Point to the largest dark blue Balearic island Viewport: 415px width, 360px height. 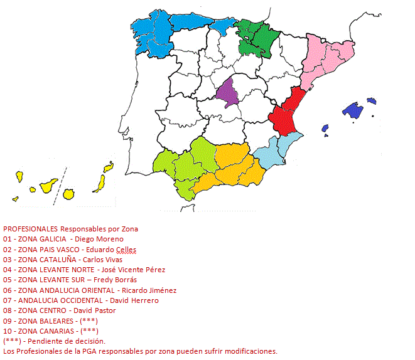(353, 111)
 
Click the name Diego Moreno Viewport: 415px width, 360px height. (99, 239)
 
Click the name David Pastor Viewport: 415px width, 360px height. (94, 310)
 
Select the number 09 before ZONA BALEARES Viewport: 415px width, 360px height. (8, 320)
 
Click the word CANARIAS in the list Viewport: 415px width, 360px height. (56, 331)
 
